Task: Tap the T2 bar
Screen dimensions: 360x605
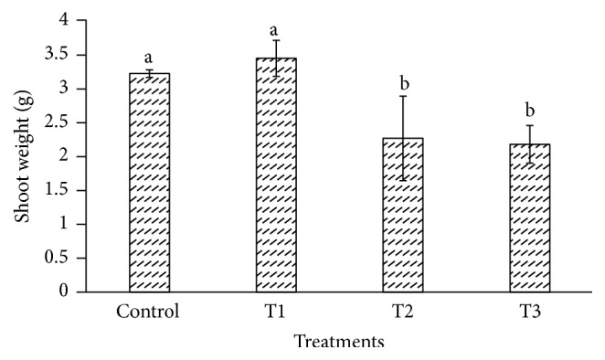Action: tap(403, 215)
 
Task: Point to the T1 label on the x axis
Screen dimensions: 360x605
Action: tap(276, 310)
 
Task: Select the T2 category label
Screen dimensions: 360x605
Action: tap(403, 310)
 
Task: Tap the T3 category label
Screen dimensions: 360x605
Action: tap(530, 310)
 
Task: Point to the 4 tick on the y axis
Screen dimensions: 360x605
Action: tap(63, 21)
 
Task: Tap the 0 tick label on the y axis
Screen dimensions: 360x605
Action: tap(63, 291)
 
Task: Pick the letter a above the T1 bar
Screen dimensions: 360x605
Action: tap(276, 29)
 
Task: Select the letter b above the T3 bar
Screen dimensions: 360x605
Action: tap(530, 112)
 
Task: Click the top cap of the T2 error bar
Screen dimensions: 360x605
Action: tap(403, 96)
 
